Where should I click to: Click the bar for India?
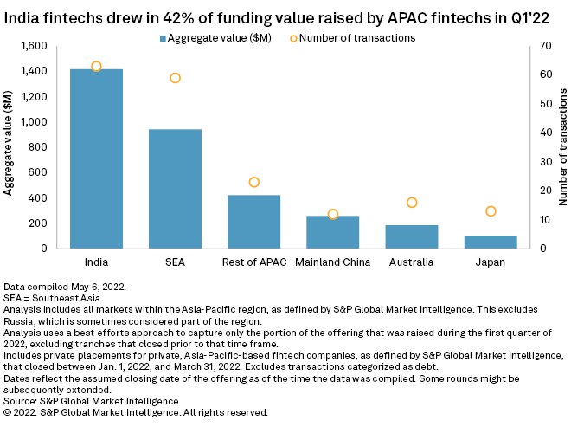(96, 159)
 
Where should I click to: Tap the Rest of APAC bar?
(253, 222)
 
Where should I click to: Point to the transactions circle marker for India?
(96, 67)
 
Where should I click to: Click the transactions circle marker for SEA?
(175, 78)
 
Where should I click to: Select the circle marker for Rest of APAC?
(253, 182)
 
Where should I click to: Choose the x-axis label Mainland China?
(333, 262)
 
